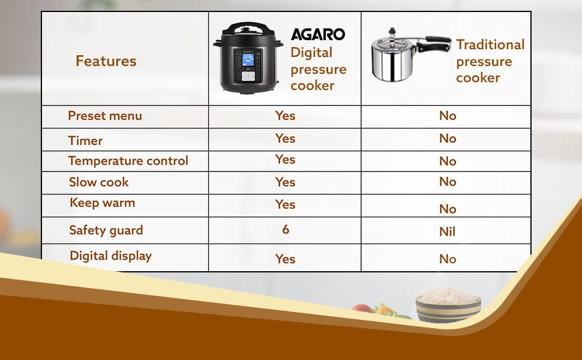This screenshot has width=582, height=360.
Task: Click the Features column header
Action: click(106, 61)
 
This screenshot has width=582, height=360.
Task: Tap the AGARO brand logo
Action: click(318, 35)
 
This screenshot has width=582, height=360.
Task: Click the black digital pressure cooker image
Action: click(248, 58)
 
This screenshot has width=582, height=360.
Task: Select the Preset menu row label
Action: click(105, 116)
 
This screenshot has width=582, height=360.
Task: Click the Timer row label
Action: click(85, 140)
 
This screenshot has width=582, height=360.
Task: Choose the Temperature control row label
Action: click(128, 161)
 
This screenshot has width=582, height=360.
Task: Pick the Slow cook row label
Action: click(99, 182)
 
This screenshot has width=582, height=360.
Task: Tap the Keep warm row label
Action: click(103, 203)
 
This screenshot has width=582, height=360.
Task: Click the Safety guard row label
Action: click(106, 230)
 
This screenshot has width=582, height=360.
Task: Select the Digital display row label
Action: click(110, 256)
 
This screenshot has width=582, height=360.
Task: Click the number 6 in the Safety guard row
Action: click(286, 229)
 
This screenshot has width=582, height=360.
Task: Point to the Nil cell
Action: click(447, 232)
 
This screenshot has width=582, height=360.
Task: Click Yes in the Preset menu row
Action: click(286, 116)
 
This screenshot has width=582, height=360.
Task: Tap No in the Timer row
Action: click(448, 139)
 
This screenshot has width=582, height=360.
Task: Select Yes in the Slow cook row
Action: click(286, 182)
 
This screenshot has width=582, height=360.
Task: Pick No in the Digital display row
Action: click(448, 259)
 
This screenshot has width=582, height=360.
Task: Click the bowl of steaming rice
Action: click(448, 305)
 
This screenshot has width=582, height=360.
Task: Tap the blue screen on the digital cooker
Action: click(248, 60)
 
